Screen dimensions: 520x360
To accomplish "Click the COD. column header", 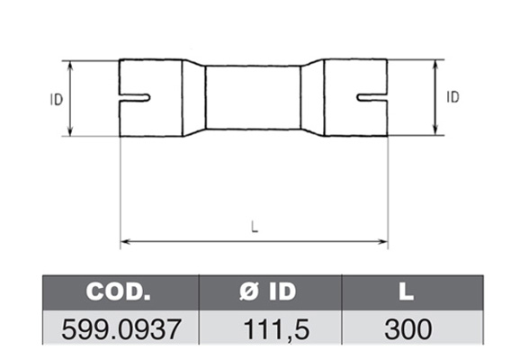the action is point(118,292).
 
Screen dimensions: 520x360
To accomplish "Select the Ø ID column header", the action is point(267,292).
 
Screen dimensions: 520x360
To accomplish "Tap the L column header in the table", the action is point(407,292).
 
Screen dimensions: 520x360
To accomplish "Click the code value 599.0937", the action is point(121,329).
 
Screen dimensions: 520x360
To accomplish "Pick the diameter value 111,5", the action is point(276,329).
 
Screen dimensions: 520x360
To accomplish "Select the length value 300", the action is point(408,329).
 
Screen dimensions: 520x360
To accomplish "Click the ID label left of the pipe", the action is point(57,99).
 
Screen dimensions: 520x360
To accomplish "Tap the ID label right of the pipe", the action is point(453,97).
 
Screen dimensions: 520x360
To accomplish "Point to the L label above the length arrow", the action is point(255,227).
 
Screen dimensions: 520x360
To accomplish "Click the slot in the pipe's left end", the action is point(135,98).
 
